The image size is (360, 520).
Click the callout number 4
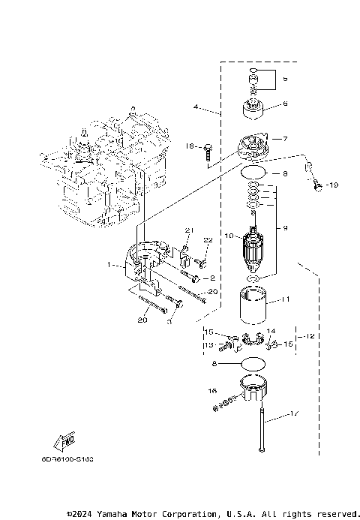pos(196,108)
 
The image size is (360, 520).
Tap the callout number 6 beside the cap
pos(284,104)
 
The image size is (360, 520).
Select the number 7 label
pos(284,139)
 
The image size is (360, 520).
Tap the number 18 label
pos(190,146)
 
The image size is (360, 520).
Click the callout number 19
pos(334,185)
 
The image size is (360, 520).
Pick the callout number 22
pos(208,239)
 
